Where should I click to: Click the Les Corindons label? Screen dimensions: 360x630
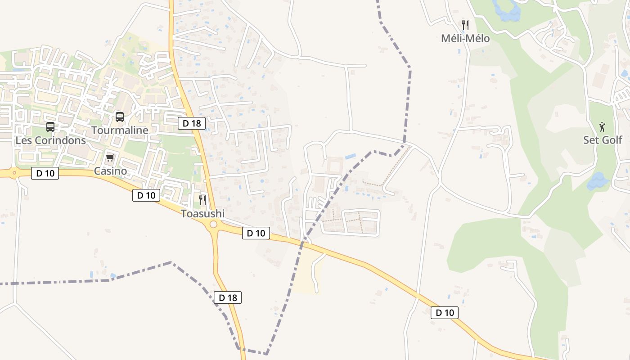click(x=50, y=140)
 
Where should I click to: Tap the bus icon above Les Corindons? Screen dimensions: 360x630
click(x=50, y=127)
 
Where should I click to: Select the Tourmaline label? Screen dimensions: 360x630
click(x=120, y=130)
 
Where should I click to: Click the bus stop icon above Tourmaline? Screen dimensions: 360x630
click(x=120, y=117)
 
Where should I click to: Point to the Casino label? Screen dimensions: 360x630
click(x=110, y=171)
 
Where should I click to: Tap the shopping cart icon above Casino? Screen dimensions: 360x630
click(x=110, y=157)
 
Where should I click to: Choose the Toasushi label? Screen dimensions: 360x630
click(x=202, y=213)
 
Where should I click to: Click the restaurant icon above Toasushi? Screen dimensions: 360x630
click(x=202, y=200)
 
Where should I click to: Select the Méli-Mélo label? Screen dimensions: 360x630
click(x=465, y=39)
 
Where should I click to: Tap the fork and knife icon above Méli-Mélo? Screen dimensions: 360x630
click(x=465, y=25)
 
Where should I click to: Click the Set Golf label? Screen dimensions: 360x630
click(x=603, y=140)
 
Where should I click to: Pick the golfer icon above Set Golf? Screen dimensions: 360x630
click(x=602, y=127)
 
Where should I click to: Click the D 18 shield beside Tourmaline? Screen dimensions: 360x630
click(x=192, y=123)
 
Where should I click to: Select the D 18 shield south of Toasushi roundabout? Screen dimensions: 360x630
click(x=228, y=297)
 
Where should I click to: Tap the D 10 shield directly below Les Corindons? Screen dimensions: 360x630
click(x=45, y=173)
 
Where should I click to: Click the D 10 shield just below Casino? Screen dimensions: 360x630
click(x=146, y=195)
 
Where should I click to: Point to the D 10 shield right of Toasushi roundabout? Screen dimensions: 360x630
click(x=256, y=233)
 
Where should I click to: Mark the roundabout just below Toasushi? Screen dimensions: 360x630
click(x=213, y=225)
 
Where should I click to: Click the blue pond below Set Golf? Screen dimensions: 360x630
click(x=598, y=181)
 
